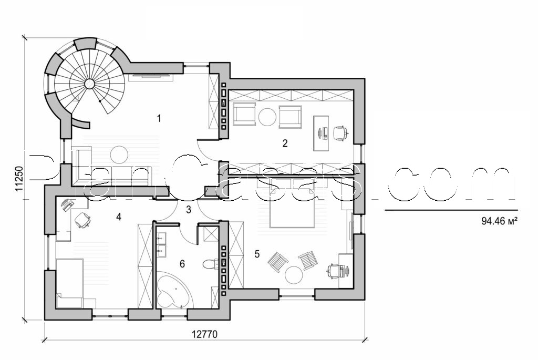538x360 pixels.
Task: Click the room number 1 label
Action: tap(159, 118)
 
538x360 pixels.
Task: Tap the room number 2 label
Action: tap(285, 142)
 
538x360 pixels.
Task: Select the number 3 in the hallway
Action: tap(188, 210)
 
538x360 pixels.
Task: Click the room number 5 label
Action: tap(257, 254)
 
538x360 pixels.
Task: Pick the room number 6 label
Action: tap(182, 264)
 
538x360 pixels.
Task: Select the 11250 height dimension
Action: tap(19, 181)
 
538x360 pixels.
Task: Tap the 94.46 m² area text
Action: tap(495, 222)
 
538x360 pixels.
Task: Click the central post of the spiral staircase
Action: tap(90, 83)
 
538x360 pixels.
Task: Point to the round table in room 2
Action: tap(267, 117)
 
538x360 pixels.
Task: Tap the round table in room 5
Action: tap(294, 275)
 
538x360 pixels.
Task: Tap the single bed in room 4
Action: tap(70, 282)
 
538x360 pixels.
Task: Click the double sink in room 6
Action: tap(162, 244)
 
